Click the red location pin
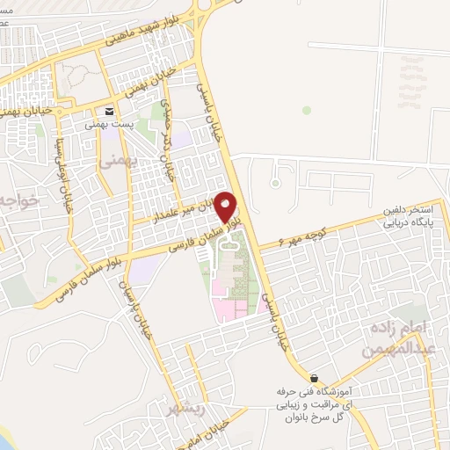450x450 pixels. [x=227, y=206]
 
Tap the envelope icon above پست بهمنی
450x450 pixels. [x=109, y=112]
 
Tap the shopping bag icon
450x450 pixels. [x=314, y=377]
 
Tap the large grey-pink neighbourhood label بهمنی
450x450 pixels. [x=113, y=163]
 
